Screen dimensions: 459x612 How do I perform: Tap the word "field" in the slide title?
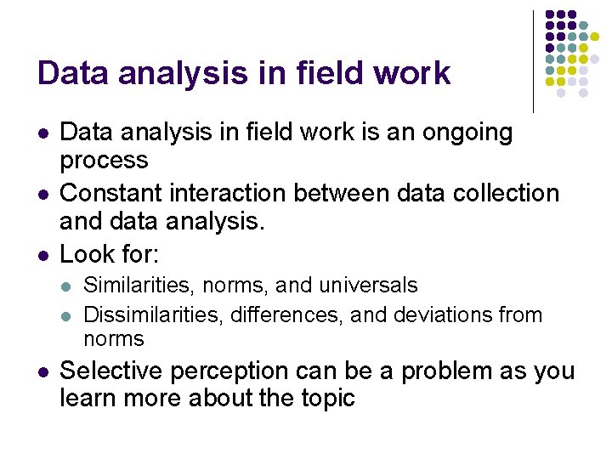pyautogui.click(x=327, y=74)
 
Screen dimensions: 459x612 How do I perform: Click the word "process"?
pyautogui.click(x=104, y=160)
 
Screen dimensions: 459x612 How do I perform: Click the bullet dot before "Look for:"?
pyautogui.click(x=42, y=255)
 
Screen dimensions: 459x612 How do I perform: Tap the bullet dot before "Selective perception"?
pyautogui.click(x=42, y=372)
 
